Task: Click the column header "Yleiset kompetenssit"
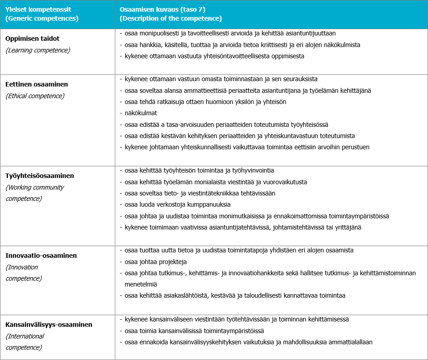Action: (x=39, y=9)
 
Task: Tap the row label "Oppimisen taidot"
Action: (x=32, y=39)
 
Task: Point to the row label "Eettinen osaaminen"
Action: (x=36, y=84)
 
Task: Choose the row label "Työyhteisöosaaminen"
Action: (x=40, y=176)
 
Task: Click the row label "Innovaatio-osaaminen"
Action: (x=41, y=256)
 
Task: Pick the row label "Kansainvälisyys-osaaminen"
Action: (x=49, y=325)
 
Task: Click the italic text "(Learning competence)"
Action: (x=38, y=50)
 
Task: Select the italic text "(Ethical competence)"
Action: (x=35, y=96)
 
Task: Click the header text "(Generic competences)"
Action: (x=42, y=19)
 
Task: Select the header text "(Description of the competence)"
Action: (x=171, y=19)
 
